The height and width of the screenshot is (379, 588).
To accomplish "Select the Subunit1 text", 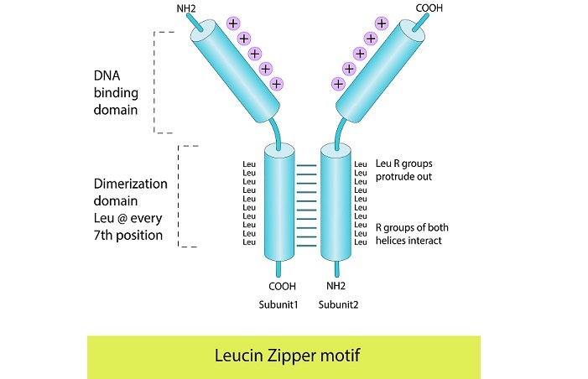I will pos(280,304).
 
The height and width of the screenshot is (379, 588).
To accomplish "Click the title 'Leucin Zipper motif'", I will pos(284,356).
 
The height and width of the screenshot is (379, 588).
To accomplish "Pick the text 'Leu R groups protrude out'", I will pos(403,170).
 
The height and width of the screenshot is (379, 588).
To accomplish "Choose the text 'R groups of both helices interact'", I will pos(408,233).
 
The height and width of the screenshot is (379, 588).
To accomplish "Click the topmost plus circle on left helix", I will pos(232,23).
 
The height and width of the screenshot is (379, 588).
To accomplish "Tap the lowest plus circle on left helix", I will pos(277,83).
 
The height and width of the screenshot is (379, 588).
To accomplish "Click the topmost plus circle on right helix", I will pos(381,23).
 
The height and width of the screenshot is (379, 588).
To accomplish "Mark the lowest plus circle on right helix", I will pos(338,83).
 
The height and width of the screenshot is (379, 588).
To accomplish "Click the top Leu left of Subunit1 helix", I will pos(248,164).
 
